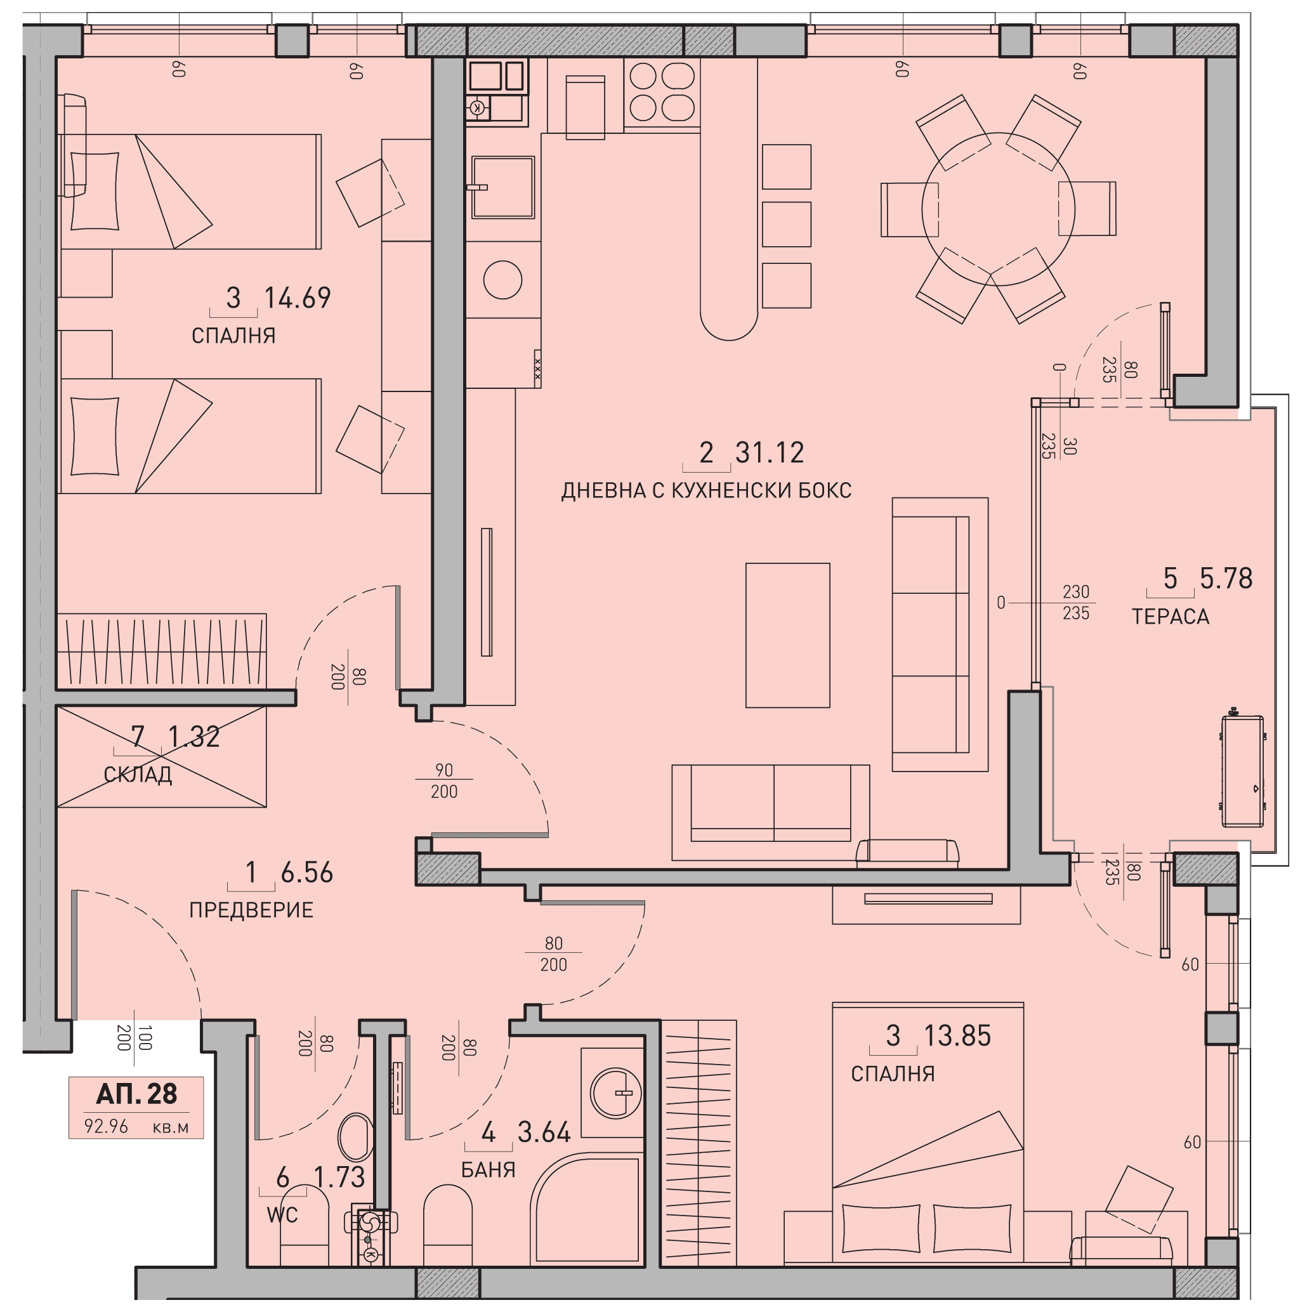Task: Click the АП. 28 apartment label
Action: [136, 1094]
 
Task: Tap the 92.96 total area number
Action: [106, 1126]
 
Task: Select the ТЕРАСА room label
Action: [1170, 617]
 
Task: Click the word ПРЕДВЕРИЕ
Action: [251, 910]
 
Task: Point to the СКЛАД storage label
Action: [138, 775]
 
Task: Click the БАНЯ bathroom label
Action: [489, 1170]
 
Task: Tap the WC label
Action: [282, 1215]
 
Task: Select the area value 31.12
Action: [770, 453]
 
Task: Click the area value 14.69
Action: [298, 298]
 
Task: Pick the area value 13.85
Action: [957, 1036]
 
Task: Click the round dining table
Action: [998, 209]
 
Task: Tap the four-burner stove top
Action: [662, 93]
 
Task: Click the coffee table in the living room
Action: [788, 635]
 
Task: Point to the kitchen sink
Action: [503, 187]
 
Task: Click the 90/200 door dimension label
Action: [444, 780]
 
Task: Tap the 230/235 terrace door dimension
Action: [1076, 602]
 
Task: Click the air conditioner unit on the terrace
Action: [1243, 771]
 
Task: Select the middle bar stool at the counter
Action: [787, 224]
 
